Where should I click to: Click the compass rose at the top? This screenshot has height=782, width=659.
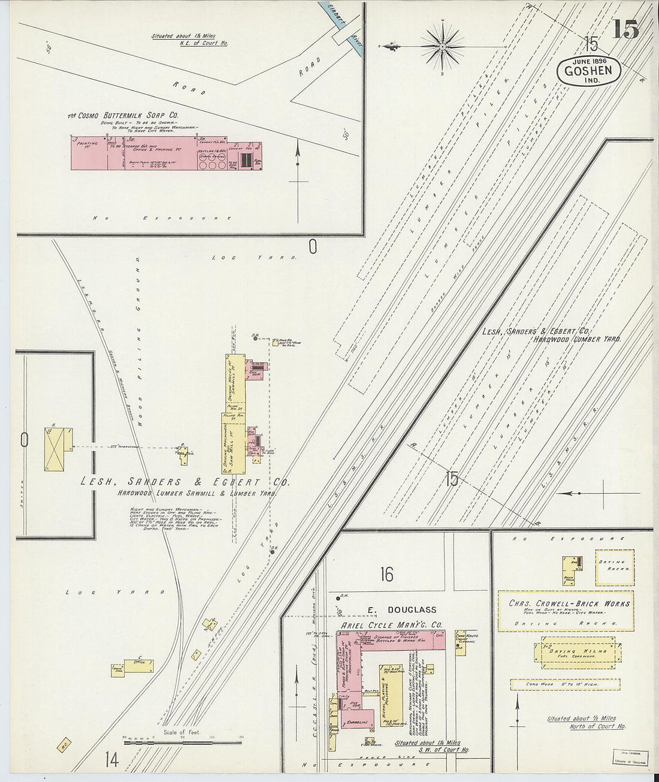pyautogui.click(x=442, y=46)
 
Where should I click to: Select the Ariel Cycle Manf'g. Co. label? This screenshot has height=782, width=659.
pyautogui.click(x=391, y=625)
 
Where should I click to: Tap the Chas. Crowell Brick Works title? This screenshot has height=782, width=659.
pyautogui.click(x=569, y=603)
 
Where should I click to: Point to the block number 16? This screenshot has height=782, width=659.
pyautogui.click(x=386, y=575)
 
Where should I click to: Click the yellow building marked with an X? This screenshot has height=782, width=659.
pyautogui.click(x=55, y=449)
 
